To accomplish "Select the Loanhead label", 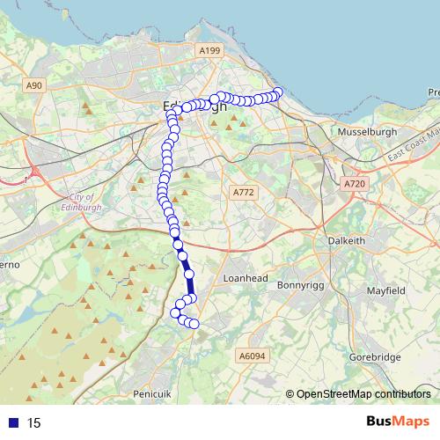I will tap(244, 276).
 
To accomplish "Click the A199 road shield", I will tap(209, 52).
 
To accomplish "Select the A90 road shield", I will tap(33, 85).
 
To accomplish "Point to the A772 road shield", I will tap(243, 192).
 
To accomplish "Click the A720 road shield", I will tap(354, 184).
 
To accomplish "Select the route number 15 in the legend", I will tap(33, 423).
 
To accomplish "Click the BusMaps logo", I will tap(398, 422).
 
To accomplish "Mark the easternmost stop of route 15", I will tap(278, 93).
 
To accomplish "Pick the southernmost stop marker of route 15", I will tap(194, 325).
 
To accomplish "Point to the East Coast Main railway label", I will tap(411, 143).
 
